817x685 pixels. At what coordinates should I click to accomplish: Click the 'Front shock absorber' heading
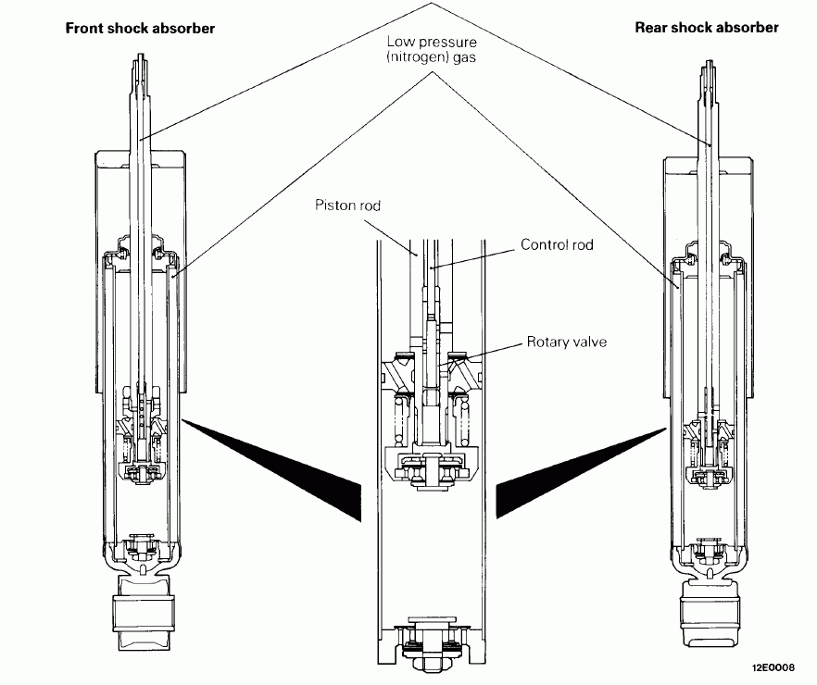point(140,28)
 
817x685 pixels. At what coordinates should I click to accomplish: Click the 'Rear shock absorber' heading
point(707,28)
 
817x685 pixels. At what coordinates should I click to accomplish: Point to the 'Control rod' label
point(556,245)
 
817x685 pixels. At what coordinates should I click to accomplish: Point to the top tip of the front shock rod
point(142,58)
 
